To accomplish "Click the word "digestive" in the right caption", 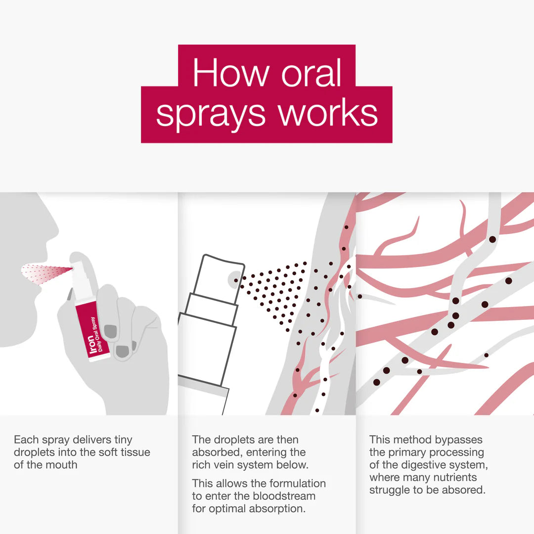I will point(423,465).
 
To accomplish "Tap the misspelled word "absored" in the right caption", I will point(464,490).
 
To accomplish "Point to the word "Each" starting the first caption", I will point(25,440).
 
